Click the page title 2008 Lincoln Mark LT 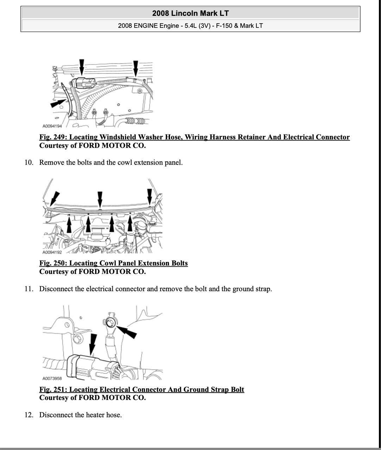tap(190, 13)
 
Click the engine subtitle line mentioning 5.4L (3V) tap(190, 26)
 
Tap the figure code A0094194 tap(52, 126)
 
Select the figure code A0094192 tap(52, 252)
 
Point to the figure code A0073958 tap(52, 379)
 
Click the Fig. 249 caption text tap(194, 137)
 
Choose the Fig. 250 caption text tap(113, 263)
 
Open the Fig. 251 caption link tap(142, 389)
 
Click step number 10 tap(29, 163)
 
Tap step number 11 tap(29, 289)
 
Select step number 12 tap(29, 415)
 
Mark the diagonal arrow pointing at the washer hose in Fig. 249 tap(58, 103)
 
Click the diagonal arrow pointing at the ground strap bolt tap(127, 331)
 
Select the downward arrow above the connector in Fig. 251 tap(93, 343)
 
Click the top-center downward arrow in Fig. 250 tap(100, 199)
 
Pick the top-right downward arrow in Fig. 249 tap(136, 68)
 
